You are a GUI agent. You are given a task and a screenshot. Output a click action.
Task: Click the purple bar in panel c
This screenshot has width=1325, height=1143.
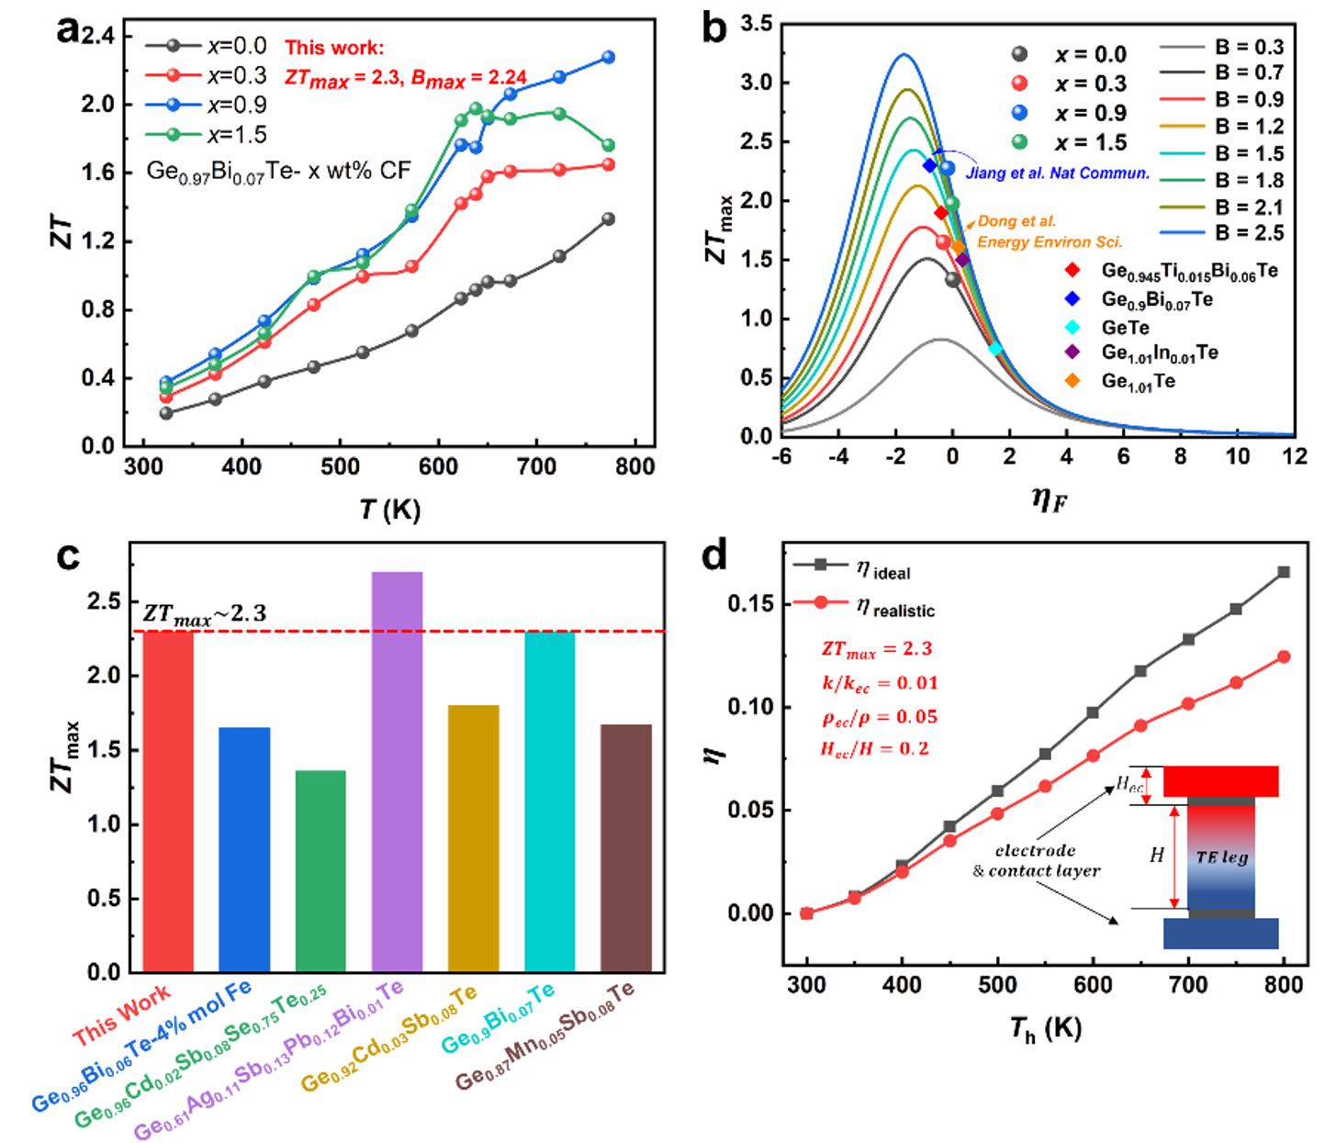point(397,771)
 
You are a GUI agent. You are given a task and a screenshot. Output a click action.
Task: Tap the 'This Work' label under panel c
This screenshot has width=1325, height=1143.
point(121,1014)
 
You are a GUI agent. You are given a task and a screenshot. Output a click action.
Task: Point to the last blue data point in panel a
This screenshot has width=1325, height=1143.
point(608,57)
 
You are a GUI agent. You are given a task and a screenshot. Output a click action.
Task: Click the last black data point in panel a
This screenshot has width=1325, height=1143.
point(608,219)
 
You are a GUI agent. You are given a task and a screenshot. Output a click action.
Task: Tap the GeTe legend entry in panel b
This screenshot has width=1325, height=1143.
point(1125,328)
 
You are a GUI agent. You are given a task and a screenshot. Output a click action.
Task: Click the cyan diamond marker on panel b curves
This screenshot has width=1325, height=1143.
point(995,349)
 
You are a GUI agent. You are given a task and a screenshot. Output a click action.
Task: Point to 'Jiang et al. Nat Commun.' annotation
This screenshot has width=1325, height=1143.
point(1057,173)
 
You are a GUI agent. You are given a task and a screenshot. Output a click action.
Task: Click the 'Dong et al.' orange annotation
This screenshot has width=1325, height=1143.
point(1016,221)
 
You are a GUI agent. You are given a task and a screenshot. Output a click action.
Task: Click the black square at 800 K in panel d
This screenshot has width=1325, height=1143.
point(1284,572)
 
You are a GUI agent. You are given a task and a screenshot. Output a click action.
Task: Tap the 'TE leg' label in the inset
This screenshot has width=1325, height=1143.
point(1221,857)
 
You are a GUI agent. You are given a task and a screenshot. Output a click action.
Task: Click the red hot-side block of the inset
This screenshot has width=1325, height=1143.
point(1220,781)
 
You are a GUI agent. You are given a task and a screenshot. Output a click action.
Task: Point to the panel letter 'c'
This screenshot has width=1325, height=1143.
point(68,556)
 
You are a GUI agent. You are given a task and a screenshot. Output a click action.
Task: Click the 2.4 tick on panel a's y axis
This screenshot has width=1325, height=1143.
point(97,36)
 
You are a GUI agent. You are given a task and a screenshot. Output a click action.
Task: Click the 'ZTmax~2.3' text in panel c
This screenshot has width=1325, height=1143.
point(204,614)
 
